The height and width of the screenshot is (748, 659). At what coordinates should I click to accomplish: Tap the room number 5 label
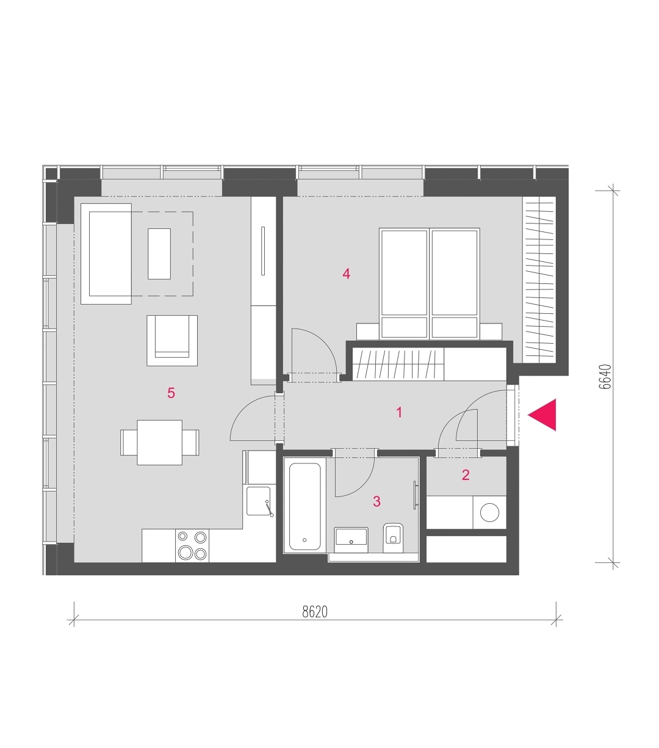tap(171, 393)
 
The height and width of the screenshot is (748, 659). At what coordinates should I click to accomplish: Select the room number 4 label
tap(346, 274)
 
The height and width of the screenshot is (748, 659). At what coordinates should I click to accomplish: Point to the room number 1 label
tap(399, 412)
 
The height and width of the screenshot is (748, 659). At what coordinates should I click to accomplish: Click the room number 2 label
tap(466, 475)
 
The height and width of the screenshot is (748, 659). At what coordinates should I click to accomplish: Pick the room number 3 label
tap(376, 501)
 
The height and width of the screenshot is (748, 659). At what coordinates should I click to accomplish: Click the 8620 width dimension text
tap(315, 612)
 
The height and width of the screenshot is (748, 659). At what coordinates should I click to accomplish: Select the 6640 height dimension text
tap(605, 377)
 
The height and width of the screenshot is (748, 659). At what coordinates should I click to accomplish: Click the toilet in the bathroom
tap(392, 537)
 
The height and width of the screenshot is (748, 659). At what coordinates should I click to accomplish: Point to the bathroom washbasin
tap(351, 540)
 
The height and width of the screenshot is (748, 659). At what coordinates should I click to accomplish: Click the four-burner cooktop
tap(192, 545)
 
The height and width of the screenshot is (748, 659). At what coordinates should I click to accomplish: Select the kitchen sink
tap(259, 501)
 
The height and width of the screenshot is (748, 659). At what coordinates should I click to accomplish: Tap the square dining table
tap(160, 442)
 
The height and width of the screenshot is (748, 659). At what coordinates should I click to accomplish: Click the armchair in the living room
tap(172, 340)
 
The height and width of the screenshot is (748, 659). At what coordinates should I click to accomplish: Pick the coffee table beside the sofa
tap(159, 253)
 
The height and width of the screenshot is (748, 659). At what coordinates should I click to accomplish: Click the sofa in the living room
tap(106, 254)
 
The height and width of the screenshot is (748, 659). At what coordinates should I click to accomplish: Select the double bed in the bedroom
tap(430, 283)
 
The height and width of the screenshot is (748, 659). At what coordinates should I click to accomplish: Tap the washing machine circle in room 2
tap(489, 512)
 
